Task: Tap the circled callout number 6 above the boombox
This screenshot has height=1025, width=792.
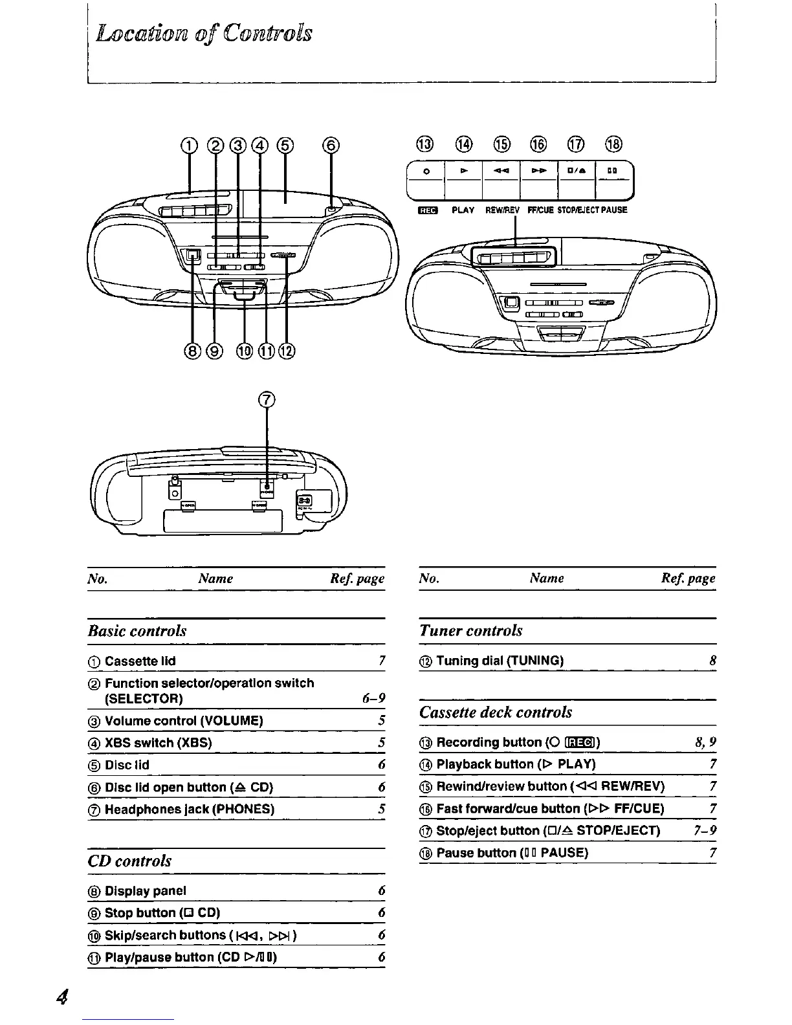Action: (331, 145)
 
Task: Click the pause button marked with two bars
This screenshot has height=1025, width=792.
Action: (611, 171)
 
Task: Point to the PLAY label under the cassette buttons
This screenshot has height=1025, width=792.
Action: (463, 210)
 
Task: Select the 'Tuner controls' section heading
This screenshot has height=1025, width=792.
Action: (470, 631)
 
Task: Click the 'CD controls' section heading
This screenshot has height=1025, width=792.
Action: (129, 861)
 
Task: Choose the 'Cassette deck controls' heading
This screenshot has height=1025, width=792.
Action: (496, 712)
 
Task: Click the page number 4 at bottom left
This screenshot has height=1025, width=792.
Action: (63, 997)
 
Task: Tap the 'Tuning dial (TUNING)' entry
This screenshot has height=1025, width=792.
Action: (500, 661)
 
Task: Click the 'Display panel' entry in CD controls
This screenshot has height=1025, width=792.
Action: (145, 891)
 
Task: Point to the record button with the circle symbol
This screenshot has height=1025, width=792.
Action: (426, 171)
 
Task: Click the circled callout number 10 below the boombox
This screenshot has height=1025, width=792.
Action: (244, 351)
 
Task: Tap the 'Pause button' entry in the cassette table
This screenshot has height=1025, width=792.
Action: (512, 853)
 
